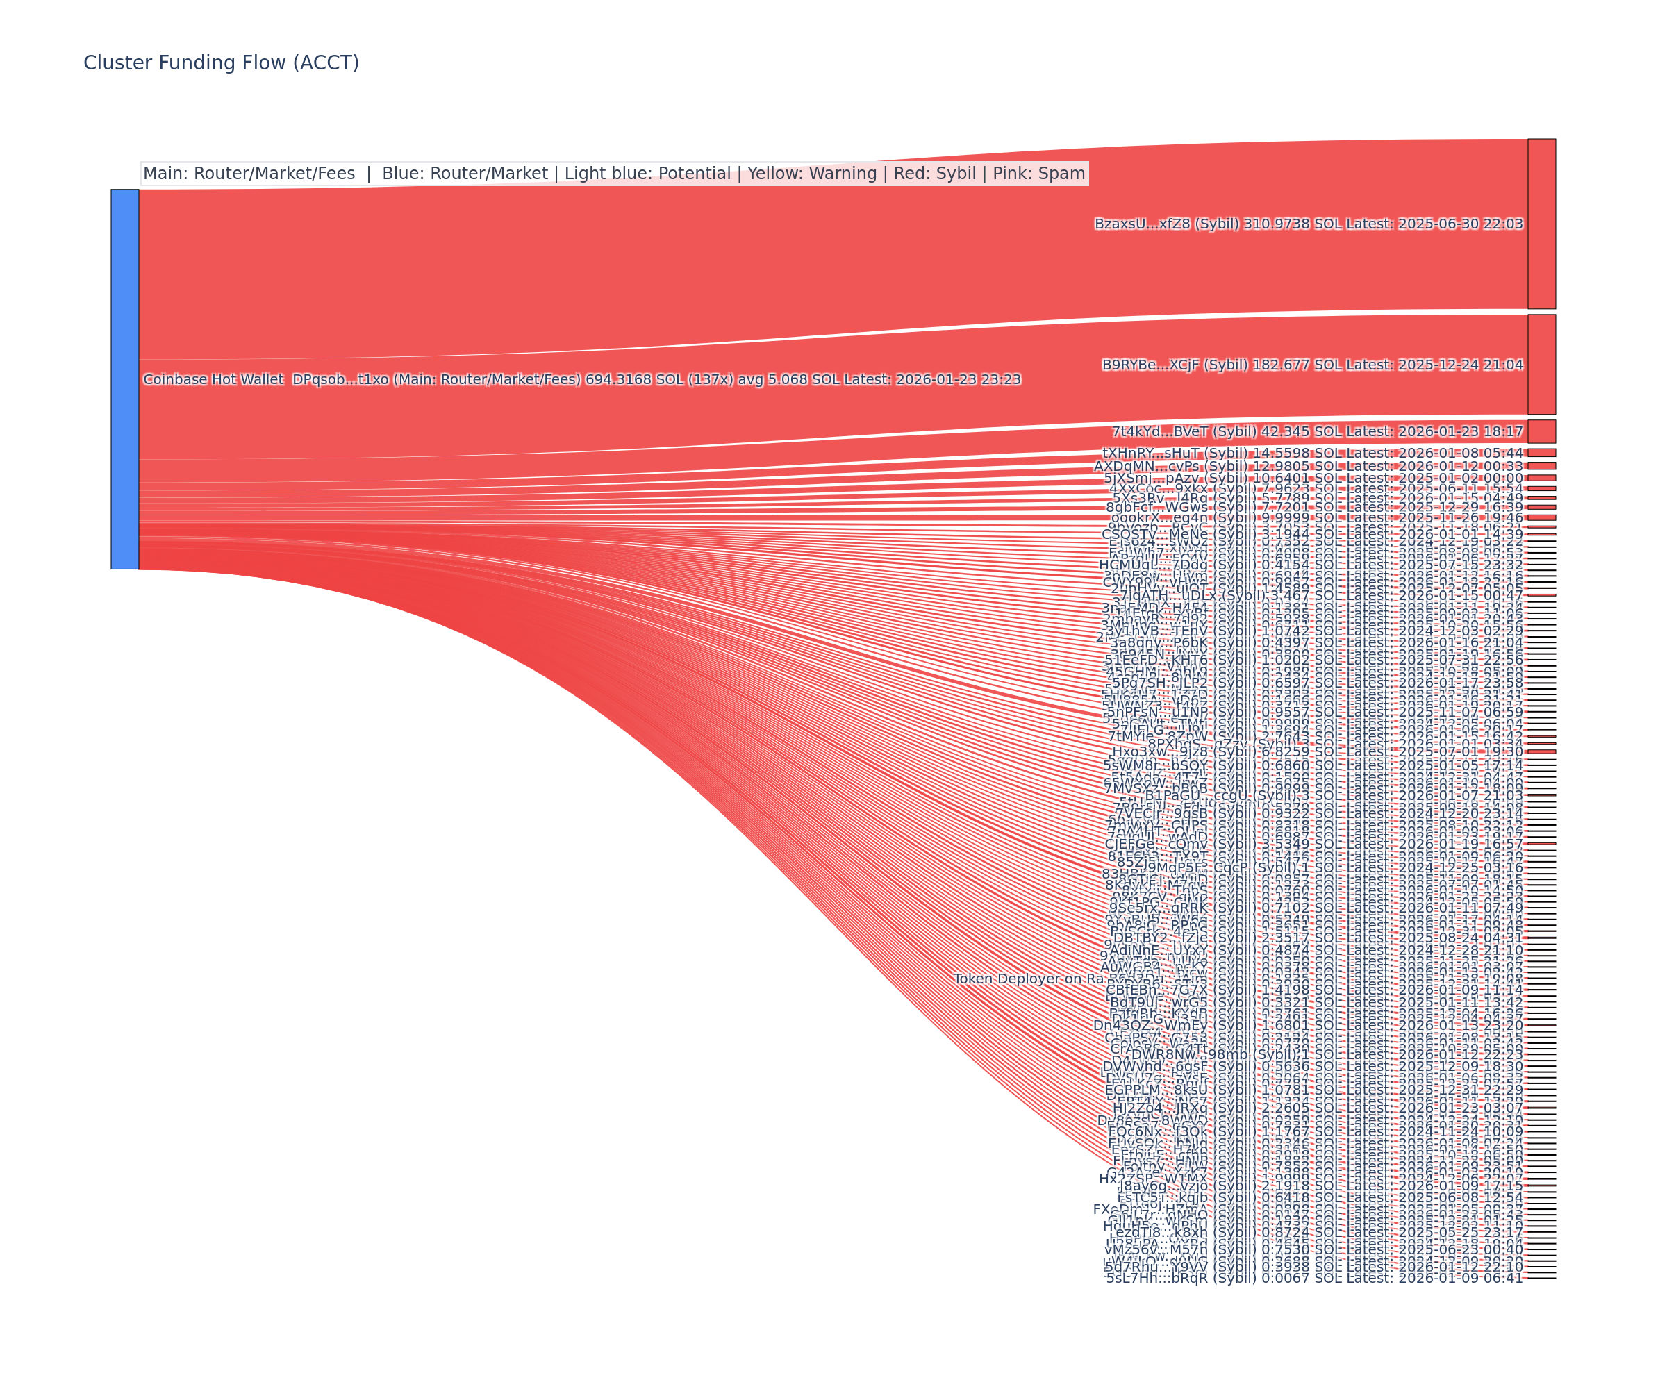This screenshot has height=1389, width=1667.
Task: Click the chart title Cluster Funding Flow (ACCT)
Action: click(x=221, y=63)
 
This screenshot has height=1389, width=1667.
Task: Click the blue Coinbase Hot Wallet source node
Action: click(x=124, y=379)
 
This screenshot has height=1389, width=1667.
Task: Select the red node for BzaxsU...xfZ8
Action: click(x=1541, y=224)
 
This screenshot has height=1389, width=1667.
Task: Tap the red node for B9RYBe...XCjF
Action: click(x=1541, y=365)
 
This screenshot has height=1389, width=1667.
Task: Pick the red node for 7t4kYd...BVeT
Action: click(x=1541, y=431)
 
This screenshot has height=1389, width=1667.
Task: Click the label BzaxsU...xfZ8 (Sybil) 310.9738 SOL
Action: click(x=1308, y=224)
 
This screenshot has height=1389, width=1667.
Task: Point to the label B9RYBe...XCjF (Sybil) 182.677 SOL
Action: click(x=1311, y=365)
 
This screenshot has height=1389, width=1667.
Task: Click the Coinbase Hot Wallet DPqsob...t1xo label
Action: click(x=581, y=379)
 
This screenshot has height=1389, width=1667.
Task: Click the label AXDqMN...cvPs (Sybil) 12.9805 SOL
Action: click(x=1307, y=466)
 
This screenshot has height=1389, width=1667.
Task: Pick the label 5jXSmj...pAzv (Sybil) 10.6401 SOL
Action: click(x=1313, y=478)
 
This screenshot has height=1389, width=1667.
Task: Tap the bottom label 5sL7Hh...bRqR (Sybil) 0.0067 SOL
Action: click(x=1315, y=1278)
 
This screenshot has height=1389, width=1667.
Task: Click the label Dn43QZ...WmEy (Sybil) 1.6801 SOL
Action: click(x=1307, y=1026)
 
